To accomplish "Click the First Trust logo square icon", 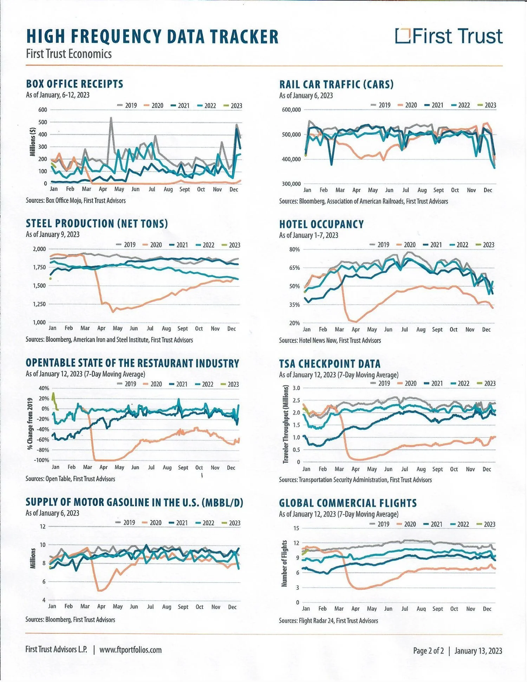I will click(x=403, y=35).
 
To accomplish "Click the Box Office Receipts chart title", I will click(x=74, y=84).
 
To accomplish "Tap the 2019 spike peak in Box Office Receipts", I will click(x=111, y=118).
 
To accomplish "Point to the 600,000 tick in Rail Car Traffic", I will click(x=291, y=110).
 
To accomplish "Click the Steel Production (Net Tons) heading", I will click(x=97, y=223).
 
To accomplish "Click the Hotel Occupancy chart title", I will click(x=321, y=224).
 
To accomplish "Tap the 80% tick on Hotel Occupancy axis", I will click(x=294, y=249).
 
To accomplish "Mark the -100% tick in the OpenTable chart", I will click(x=41, y=460).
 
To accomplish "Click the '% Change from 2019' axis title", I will click(x=30, y=423).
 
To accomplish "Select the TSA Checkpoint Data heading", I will click(x=330, y=364).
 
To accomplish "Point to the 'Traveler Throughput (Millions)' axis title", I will click(x=286, y=424).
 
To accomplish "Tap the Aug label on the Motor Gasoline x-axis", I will click(x=167, y=606).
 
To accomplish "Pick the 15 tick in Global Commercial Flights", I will click(x=296, y=528).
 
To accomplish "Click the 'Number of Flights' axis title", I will click(x=284, y=563).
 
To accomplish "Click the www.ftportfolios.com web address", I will click(x=130, y=650).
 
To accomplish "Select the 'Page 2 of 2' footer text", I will click(x=428, y=651).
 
